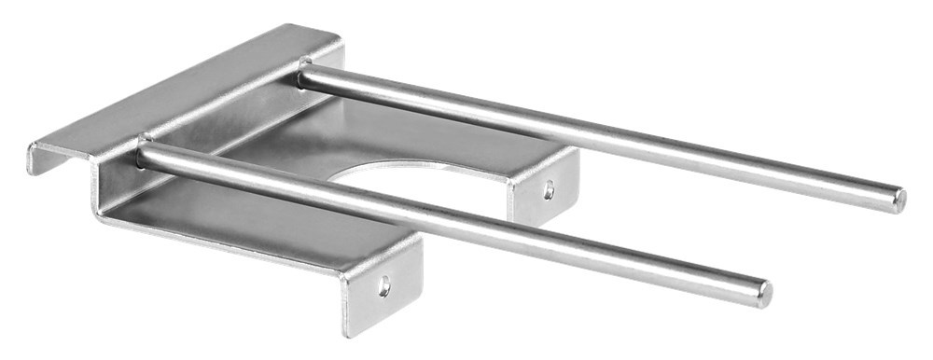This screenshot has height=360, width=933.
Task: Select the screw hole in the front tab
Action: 384,286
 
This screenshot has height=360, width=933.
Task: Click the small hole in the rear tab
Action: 549,189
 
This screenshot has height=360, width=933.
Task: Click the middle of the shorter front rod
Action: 448,224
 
